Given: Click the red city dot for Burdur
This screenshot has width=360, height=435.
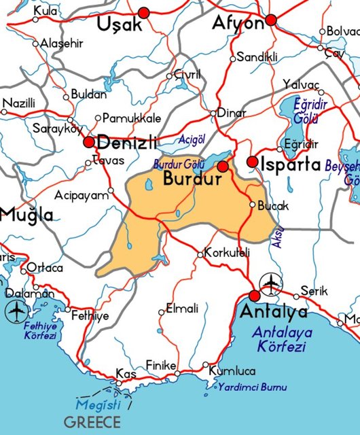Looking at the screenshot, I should (x=222, y=167).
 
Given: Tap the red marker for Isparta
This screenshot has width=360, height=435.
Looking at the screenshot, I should (x=252, y=162).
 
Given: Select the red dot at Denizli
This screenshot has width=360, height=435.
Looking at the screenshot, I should (x=89, y=143).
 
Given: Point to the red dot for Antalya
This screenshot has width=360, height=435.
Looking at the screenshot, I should (x=254, y=296).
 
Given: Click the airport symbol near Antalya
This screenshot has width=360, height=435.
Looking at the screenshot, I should (x=270, y=281).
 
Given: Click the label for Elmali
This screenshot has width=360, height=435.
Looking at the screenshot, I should (x=183, y=309).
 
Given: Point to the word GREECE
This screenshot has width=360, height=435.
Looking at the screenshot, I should (x=94, y=421).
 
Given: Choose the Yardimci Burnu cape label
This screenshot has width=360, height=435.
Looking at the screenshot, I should (x=253, y=387).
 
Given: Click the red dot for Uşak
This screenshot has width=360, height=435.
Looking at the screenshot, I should (x=143, y=12).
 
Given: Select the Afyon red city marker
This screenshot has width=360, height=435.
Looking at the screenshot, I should (x=271, y=20).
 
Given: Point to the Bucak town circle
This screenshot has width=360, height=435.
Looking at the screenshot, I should (x=252, y=205).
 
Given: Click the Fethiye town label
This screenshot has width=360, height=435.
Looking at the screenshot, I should (x=90, y=316).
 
